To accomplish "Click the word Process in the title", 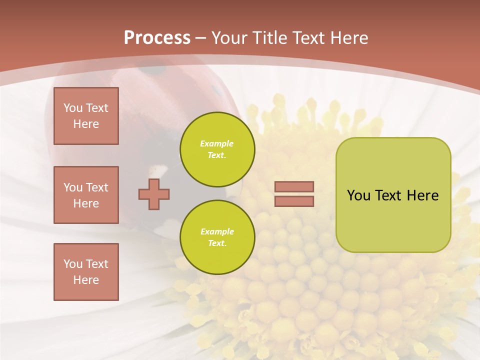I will (157, 38).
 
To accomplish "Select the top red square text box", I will (86, 116).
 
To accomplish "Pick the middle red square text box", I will (86, 195).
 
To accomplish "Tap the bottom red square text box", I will (86, 272).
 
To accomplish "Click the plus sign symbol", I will (154, 194).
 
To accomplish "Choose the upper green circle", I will (217, 149).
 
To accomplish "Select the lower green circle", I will (217, 237).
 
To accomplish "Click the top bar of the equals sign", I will (294, 187).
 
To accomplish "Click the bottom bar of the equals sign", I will (294, 201).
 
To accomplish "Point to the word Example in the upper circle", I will (217, 144).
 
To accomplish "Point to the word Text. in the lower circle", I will (217, 243).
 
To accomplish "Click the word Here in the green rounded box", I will (422, 195).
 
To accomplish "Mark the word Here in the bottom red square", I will (86, 280).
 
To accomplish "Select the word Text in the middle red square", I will (97, 187).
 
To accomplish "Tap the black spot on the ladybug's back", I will (150, 71).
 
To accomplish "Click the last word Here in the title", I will (349, 38).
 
